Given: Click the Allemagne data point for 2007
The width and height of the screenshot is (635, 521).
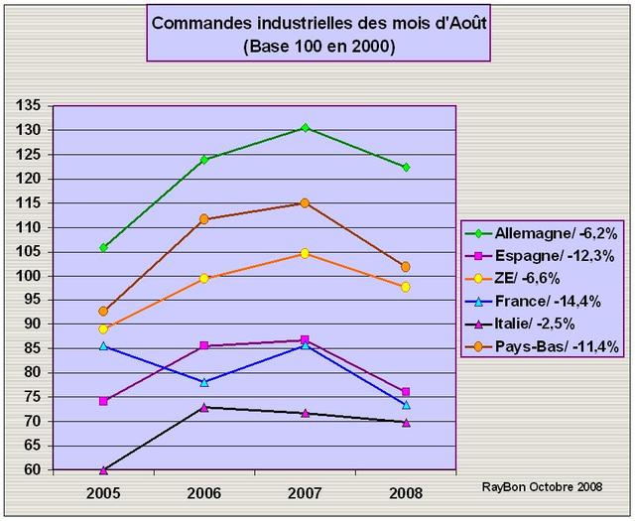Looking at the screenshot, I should click(305, 128).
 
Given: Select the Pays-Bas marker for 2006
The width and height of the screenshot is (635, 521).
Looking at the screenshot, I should click(204, 218).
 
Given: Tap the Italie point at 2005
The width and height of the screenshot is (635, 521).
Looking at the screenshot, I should click(103, 469).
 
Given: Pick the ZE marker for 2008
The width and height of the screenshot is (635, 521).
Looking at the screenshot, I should click(405, 287).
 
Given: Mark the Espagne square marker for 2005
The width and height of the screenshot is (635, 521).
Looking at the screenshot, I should click(103, 401).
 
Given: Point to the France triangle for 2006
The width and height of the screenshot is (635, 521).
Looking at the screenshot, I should click(204, 382).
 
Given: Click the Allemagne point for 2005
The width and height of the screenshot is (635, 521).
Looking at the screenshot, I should click(103, 247).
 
